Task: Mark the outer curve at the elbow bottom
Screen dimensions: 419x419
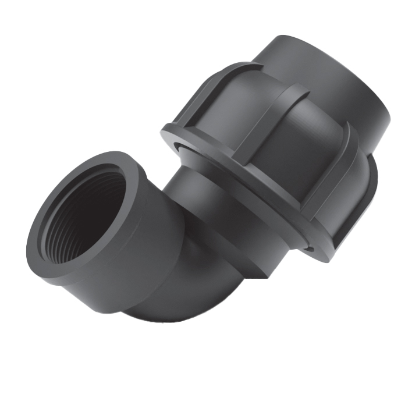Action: (169, 314)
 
